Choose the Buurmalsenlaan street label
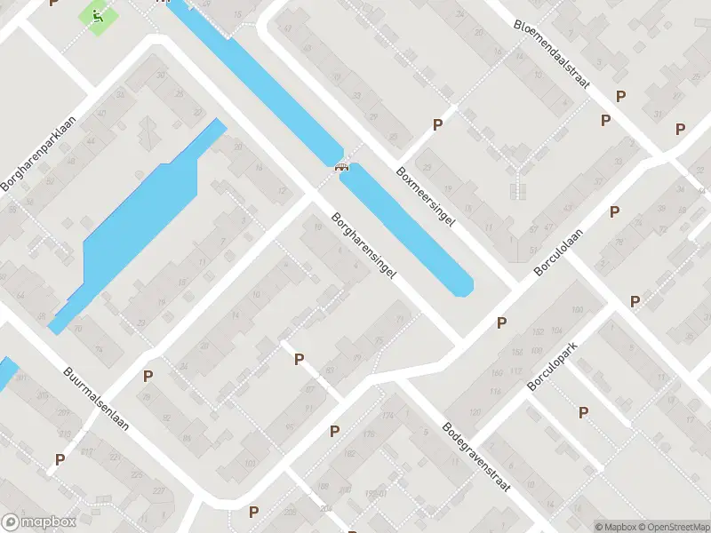pos(96,399)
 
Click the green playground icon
pos(96,15)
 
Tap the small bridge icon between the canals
pos(340,166)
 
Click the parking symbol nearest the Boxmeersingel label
pos(437,125)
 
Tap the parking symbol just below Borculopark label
pos(583,412)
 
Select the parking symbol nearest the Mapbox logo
pos(60,459)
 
